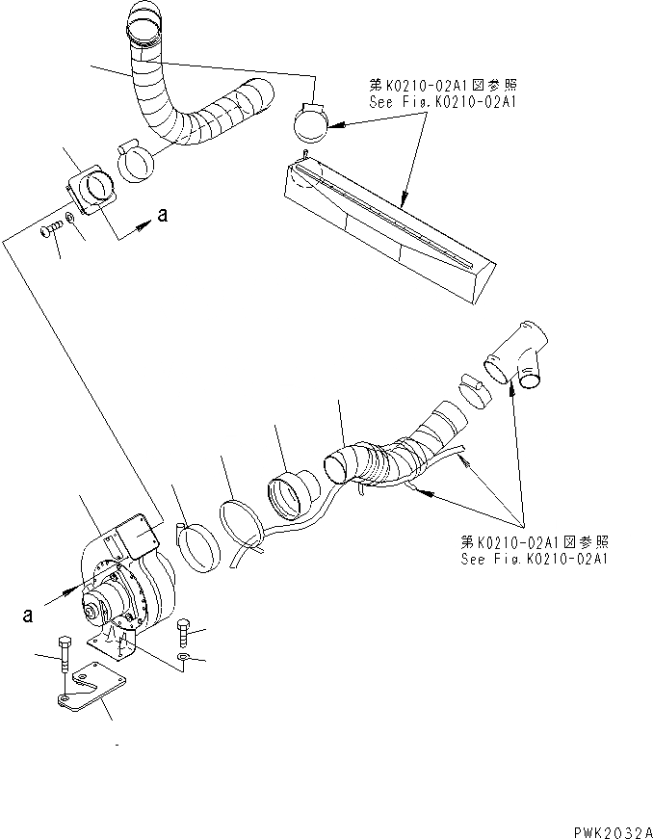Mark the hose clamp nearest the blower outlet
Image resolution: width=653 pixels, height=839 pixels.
pos(200,545)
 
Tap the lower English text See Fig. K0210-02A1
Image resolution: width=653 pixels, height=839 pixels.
pos(535,559)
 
